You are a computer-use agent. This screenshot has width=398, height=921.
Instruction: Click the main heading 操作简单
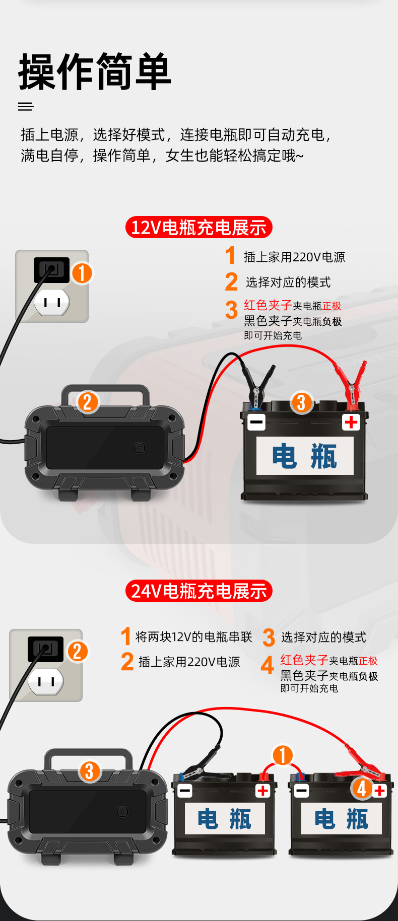pyautogui.click(x=95, y=72)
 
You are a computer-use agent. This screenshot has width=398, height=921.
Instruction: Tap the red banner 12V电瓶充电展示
pyautogui.click(x=198, y=228)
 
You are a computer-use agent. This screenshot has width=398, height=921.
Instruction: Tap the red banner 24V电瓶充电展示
pyautogui.click(x=198, y=591)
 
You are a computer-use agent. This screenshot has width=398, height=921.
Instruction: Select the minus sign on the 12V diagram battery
pyautogui.click(x=256, y=422)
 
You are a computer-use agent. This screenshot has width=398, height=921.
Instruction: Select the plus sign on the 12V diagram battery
pyautogui.click(x=351, y=422)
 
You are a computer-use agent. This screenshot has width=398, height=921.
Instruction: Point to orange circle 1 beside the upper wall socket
pyautogui.click(x=82, y=273)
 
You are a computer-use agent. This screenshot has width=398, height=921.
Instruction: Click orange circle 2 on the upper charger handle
pyautogui.click(x=88, y=402)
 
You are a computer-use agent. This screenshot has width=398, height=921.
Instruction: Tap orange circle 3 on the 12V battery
pyautogui.click(x=301, y=403)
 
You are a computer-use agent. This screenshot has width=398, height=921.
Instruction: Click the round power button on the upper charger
pyautogui.click(x=140, y=448)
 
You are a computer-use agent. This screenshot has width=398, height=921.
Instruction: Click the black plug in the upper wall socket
pyautogui.click(x=51, y=269)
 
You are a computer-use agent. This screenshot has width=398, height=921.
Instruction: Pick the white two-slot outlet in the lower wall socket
pyautogui.click(x=46, y=682)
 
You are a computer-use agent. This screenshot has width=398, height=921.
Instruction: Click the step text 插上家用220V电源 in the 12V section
pyautogui.click(x=294, y=257)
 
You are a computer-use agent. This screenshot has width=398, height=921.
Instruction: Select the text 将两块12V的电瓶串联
pyautogui.click(x=193, y=637)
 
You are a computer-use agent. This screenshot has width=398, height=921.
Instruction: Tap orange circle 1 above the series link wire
pyautogui.click(x=283, y=755)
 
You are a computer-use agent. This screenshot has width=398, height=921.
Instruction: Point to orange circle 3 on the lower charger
pyautogui.click(x=90, y=771)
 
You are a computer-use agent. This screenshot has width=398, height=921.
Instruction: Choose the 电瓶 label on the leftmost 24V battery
pyautogui.click(x=224, y=819)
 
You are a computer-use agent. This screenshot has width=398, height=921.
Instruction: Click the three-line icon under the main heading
pyautogui.click(x=26, y=107)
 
